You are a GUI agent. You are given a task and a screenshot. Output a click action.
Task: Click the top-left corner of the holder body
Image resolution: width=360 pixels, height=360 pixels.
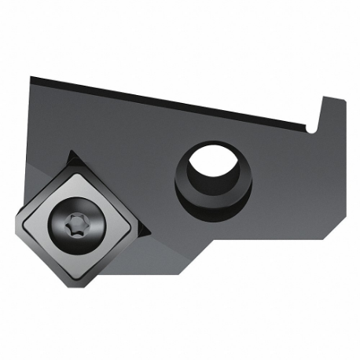coord(31,77)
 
